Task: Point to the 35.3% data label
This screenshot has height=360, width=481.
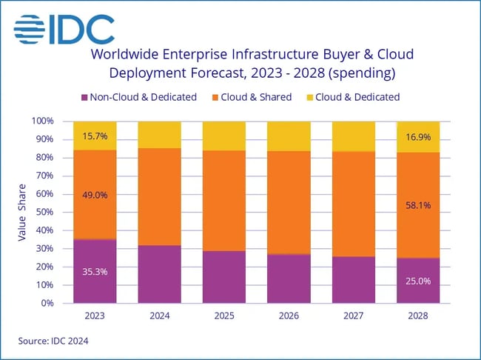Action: tap(94, 271)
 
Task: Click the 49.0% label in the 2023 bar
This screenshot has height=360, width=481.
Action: tap(94, 195)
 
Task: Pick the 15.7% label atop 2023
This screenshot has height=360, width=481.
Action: tap(94, 136)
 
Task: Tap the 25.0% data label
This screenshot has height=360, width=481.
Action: tap(417, 281)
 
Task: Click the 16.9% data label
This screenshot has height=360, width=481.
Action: tap(417, 136)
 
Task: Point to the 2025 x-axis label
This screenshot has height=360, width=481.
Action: tap(223, 314)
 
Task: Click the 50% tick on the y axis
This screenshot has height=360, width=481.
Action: tap(44, 212)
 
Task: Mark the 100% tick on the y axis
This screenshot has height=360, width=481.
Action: tap(42, 121)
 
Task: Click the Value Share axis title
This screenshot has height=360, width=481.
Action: tap(21, 212)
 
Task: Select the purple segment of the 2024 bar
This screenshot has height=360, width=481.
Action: tap(159, 274)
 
